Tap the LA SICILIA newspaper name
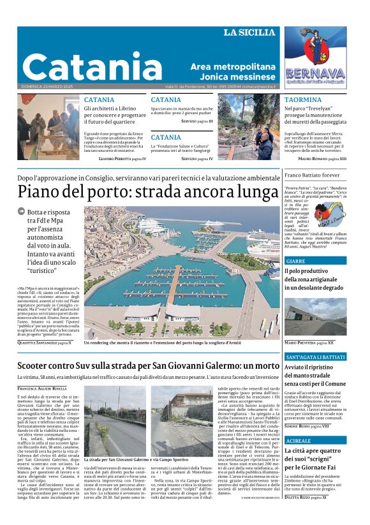[x=249, y=33]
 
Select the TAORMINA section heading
[x=303, y=100]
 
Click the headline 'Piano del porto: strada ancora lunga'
[x=148, y=191]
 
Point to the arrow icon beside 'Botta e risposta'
[x=21, y=212]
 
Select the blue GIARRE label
[x=296, y=261]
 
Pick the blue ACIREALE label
[x=299, y=441]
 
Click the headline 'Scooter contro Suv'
[x=148, y=365]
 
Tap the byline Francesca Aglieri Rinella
[x=41, y=388]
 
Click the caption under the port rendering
[x=163, y=343]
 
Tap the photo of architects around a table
[x=48, y=119]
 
